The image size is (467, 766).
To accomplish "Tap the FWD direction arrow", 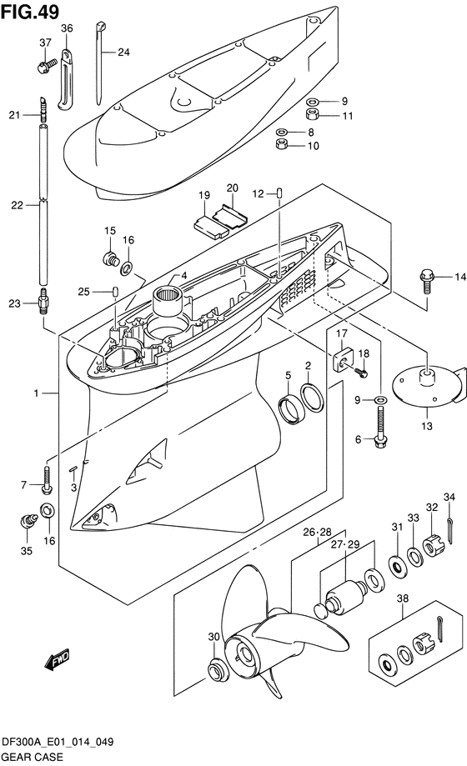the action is pos(58,659).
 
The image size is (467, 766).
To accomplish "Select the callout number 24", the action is pos(123,52).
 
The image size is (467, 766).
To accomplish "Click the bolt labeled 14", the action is pos(425,281).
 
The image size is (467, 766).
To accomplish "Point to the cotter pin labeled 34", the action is pos(449,531).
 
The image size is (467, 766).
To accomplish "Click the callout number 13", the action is pos(427,426).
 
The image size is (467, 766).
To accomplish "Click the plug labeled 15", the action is pos(111,259).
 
